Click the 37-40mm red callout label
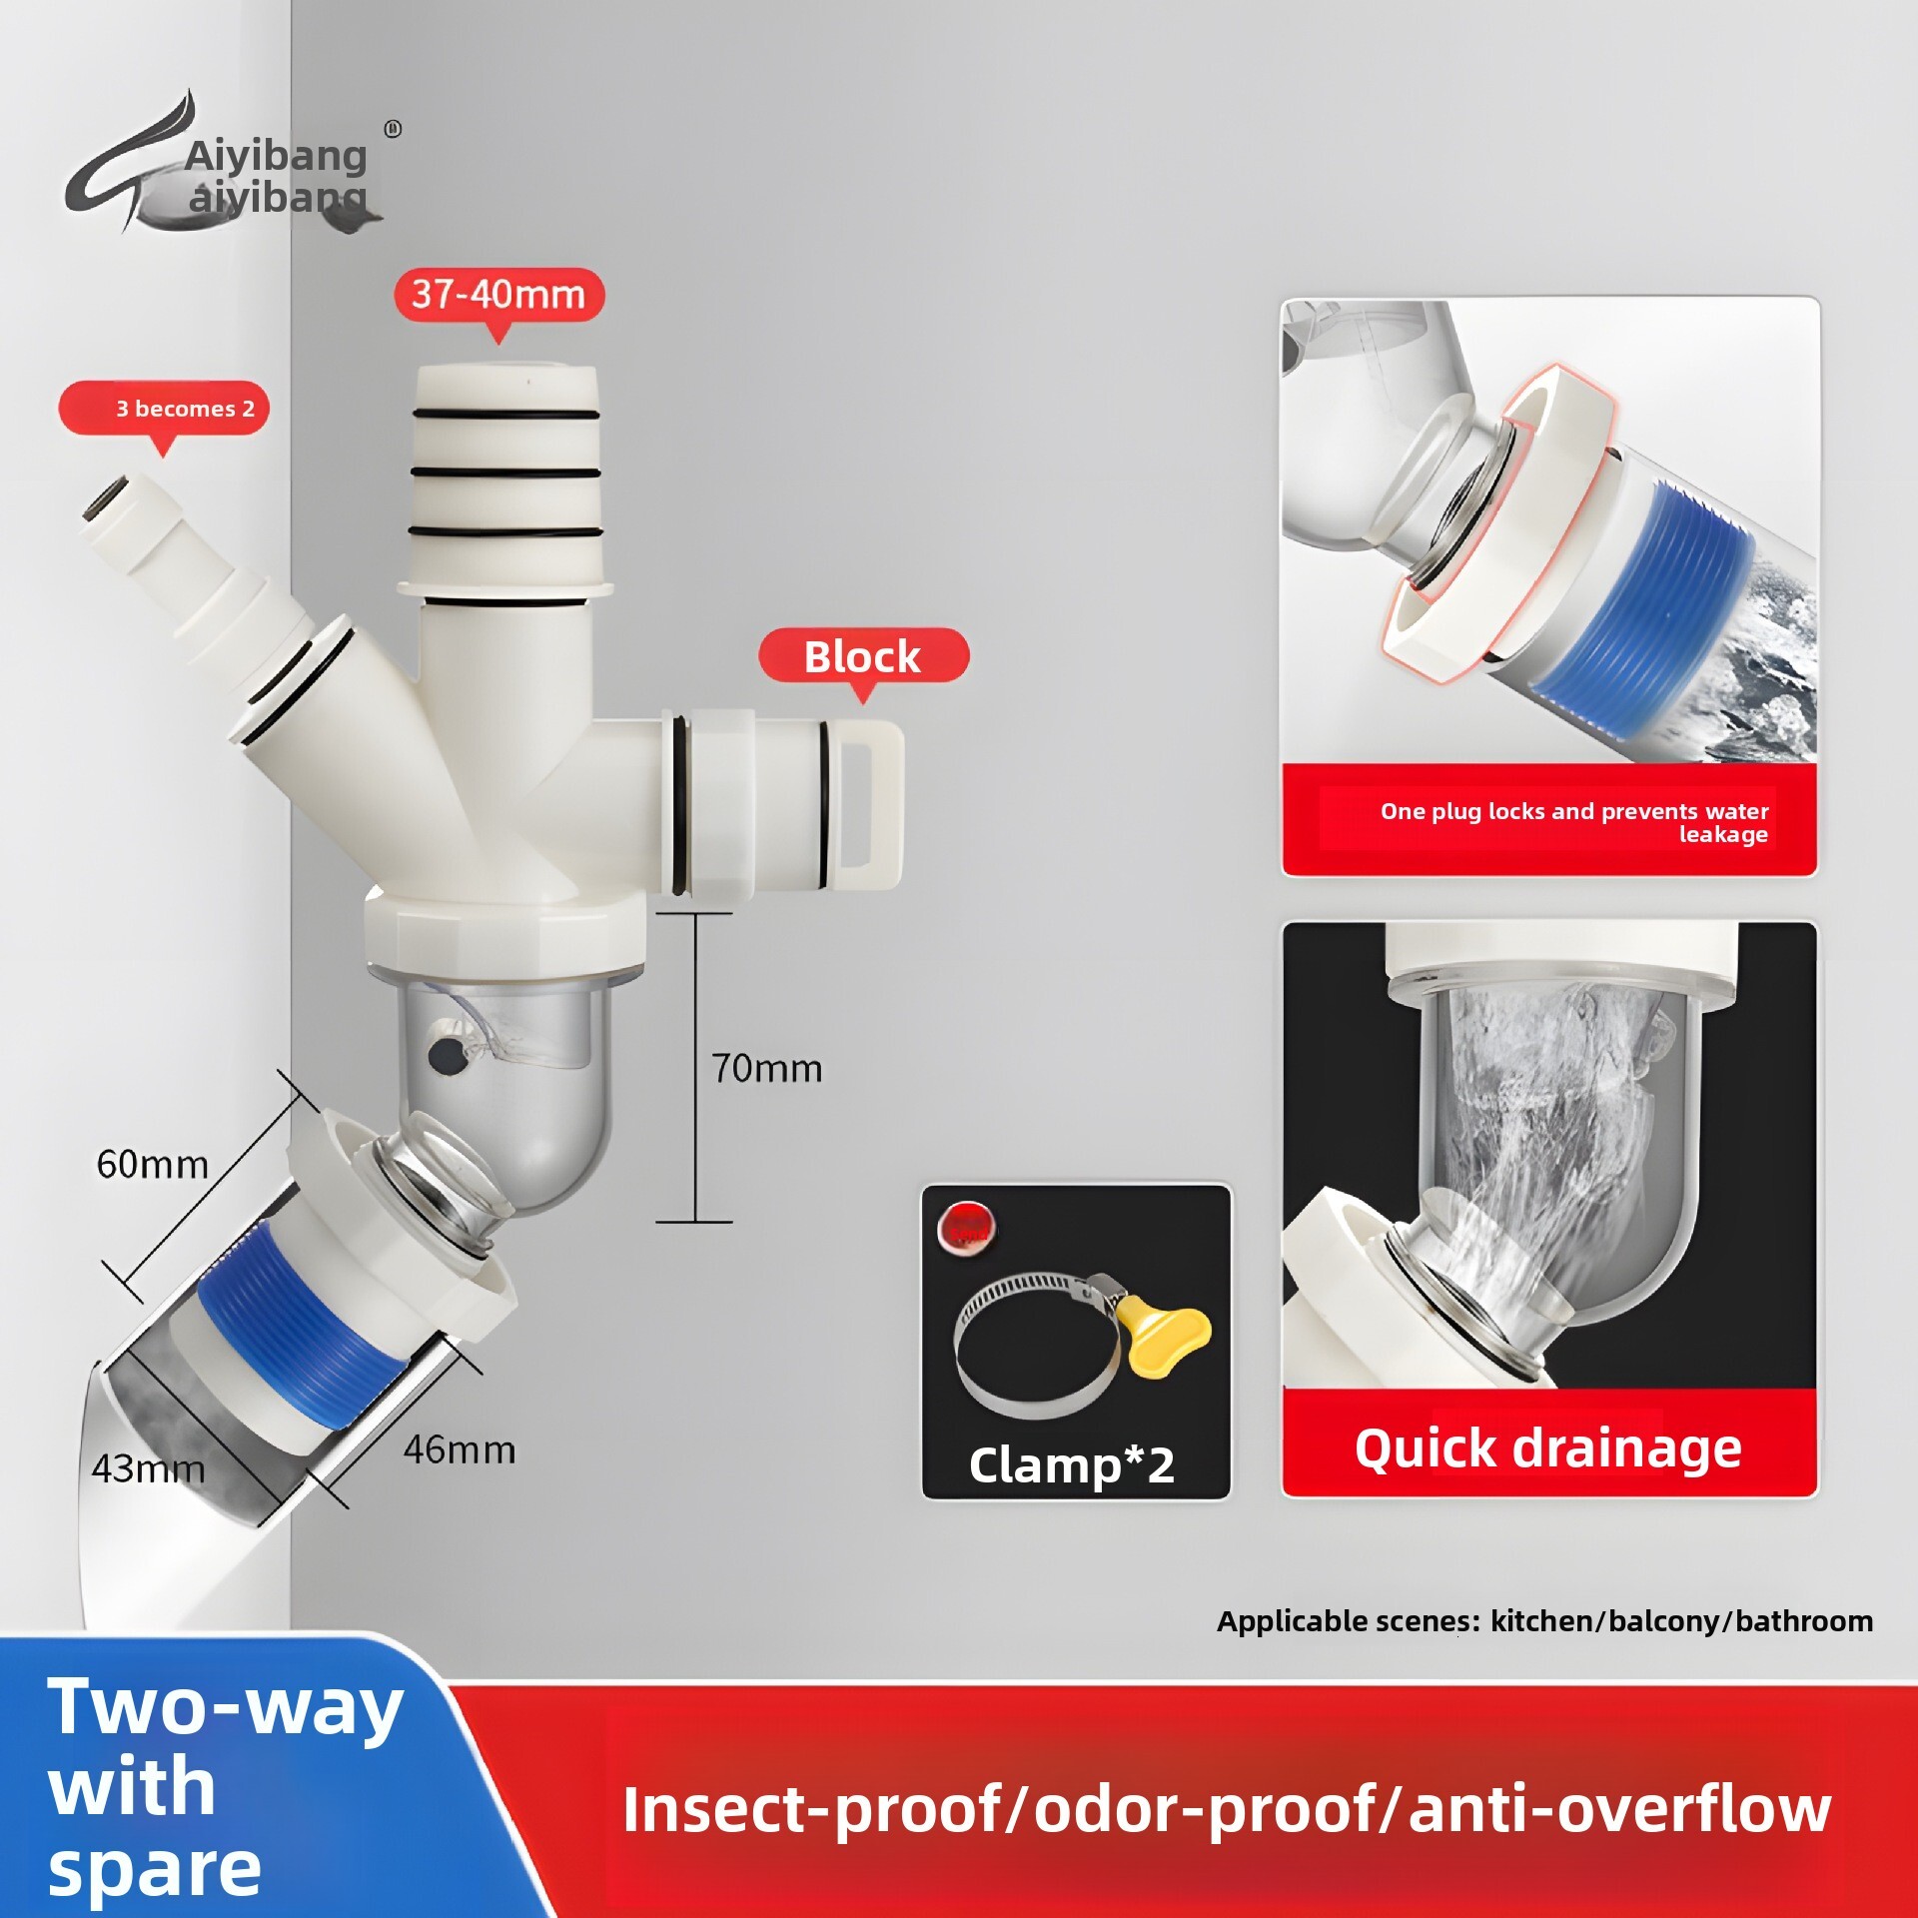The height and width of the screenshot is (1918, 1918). pos(498,295)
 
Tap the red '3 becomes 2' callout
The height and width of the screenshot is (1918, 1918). pos(165,408)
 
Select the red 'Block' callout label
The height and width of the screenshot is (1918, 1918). pos(862,657)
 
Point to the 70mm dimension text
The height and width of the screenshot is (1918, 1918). pos(766,1069)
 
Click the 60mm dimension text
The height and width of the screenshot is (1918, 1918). pos(152,1165)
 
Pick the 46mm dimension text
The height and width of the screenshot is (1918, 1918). pos(460,1449)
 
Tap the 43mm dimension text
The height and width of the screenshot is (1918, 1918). pos(148,1468)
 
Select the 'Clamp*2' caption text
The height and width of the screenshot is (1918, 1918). pos(1071,1465)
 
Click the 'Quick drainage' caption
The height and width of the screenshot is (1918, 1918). pos(1547,1447)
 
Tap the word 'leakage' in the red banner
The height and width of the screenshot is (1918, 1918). pos(1723,835)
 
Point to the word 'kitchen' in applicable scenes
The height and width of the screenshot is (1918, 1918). pos(1545,1621)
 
